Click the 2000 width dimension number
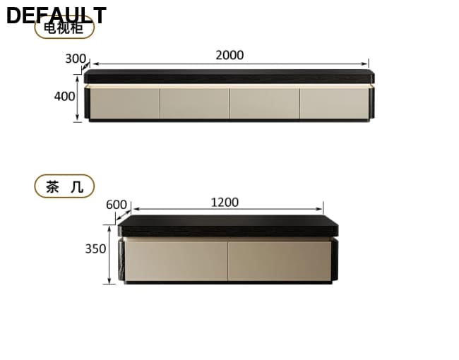(x=229, y=55)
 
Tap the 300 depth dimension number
(x=76, y=59)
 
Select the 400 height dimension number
(x=64, y=96)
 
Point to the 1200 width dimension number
(x=225, y=203)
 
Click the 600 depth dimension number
(x=117, y=205)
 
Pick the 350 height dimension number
(x=95, y=248)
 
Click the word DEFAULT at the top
(x=56, y=15)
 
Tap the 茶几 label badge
(x=64, y=186)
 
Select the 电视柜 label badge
(x=64, y=29)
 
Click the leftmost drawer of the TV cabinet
(x=124, y=103)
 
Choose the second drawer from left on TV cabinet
(x=194, y=103)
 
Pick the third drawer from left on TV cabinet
(x=264, y=103)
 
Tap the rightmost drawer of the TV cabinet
(x=333, y=103)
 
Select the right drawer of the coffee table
(x=278, y=260)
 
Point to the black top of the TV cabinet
(x=229, y=76)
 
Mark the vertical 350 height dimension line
(x=109, y=255)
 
